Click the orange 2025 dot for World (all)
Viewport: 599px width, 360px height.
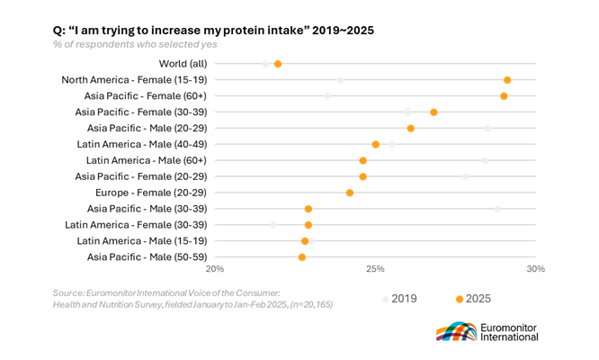[x=278, y=64]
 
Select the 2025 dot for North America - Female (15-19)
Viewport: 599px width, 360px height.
[x=507, y=80]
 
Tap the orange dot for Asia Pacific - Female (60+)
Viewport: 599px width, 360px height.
[x=504, y=96]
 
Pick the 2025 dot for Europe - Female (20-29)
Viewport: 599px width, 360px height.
[x=350, y=193]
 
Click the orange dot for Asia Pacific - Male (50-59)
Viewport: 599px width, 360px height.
[x=302, y=257]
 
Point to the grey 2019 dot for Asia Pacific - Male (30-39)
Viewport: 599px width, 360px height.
[x=497, y=209]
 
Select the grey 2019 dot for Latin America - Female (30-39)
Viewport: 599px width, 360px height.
[x=273, y=225]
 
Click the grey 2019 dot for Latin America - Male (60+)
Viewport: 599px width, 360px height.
[x=485, y=160]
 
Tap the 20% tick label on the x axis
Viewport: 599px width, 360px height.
[x=216, y=269]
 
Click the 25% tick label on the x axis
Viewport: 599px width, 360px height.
[x=376, y=269]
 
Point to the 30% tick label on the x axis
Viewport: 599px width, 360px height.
[x=536, y=269]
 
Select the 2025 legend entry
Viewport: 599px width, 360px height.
[x=473, y=298]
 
